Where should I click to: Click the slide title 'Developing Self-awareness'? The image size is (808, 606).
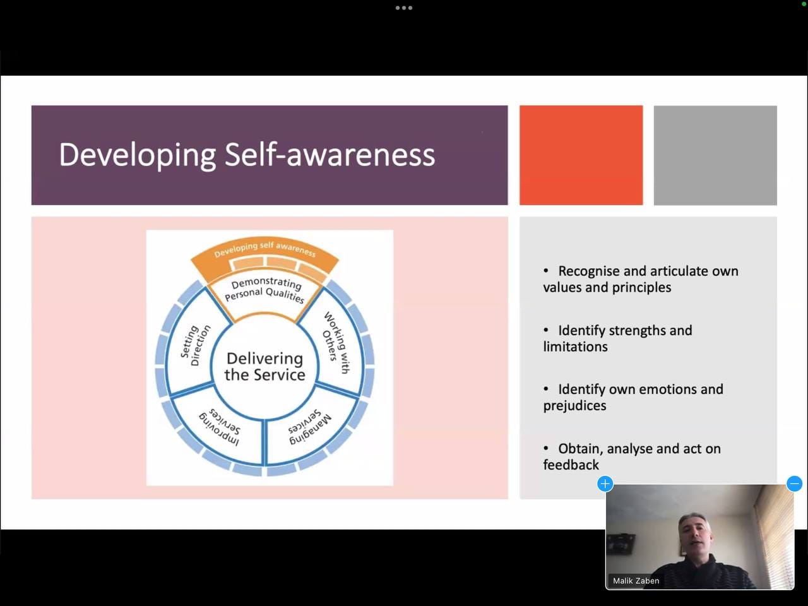[247, 155]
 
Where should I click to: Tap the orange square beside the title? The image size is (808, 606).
[581, 155]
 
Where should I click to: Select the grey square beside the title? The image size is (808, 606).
[715, 155]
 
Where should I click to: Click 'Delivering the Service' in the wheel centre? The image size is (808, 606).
[264, 367]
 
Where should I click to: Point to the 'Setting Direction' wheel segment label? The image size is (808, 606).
[195, 346]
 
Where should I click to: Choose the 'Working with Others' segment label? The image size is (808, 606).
[336, 343]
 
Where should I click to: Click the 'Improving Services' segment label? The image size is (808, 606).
[220, 427]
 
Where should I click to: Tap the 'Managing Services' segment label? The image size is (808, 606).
[310, 427]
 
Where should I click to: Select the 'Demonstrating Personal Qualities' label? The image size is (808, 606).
[264, 290]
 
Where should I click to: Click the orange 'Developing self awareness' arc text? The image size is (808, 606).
[265, 249]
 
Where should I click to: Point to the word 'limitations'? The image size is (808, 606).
[575, 347]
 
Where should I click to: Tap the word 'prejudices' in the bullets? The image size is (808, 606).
[574, 406]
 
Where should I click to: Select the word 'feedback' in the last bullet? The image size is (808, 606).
[571, 465]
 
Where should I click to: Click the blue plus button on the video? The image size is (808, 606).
[605, 484]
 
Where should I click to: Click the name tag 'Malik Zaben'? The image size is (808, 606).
[636, 581]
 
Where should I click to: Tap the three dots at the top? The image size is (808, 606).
[404, 8]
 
